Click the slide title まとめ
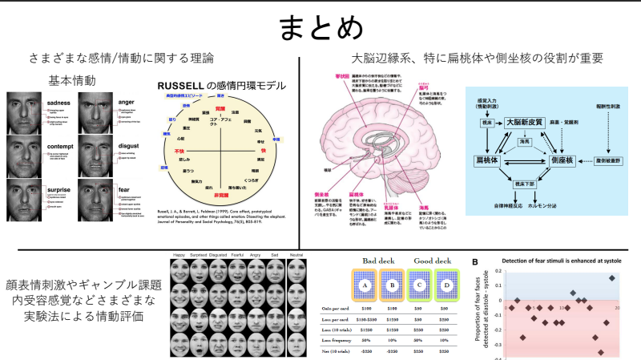tap(320, 28)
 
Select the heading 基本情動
tap(73, 81)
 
